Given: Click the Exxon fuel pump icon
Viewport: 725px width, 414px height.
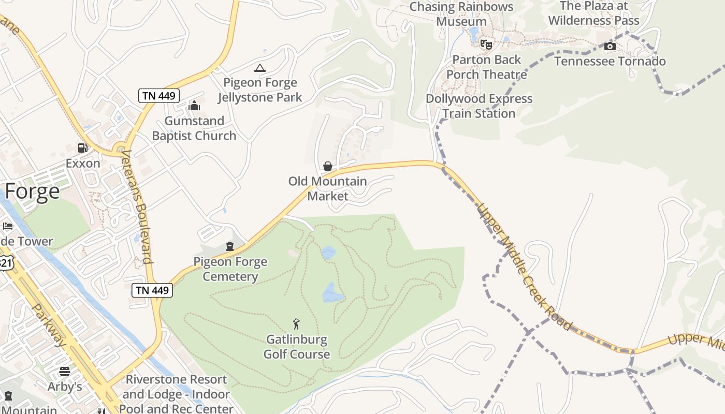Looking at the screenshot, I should tap(82, 148).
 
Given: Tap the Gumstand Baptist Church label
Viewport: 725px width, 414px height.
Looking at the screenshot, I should tap(194, 128).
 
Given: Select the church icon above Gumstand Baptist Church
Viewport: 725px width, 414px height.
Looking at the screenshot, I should tap(195, 106).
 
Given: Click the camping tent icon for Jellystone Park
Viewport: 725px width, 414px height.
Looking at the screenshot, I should tap(260, 68).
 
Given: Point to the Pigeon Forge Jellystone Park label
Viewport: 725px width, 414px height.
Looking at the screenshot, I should tap(259, 90).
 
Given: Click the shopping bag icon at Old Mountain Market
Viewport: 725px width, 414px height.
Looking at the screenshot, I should tap(328, 166).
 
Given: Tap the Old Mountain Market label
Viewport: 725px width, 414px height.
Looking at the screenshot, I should tap(327, 189).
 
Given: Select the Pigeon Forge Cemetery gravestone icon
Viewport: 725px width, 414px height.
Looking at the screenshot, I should tap(230, 246).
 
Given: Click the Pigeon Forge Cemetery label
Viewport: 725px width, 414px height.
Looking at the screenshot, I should tap(230, 269).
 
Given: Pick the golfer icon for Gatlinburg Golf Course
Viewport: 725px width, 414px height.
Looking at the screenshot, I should tap(296, 324).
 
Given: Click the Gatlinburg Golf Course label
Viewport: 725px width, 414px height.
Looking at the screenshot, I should tap(297, 347).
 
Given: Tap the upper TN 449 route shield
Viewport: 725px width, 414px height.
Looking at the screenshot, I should tap(159, 95).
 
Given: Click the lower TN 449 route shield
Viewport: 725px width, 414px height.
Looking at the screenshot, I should tap(152, 290).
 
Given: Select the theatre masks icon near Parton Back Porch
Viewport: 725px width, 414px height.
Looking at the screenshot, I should tap(486, 44).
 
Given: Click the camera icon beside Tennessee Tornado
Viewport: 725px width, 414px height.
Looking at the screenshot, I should tap(610, 47).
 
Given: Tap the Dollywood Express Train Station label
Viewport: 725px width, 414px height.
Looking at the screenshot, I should tap(479, 106).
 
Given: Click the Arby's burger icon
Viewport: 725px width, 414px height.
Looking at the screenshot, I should tap(65, 371).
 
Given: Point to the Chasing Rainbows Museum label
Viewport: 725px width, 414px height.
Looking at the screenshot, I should tap(461, 14).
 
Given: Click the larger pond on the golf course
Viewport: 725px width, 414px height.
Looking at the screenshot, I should tap(332, 293).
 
